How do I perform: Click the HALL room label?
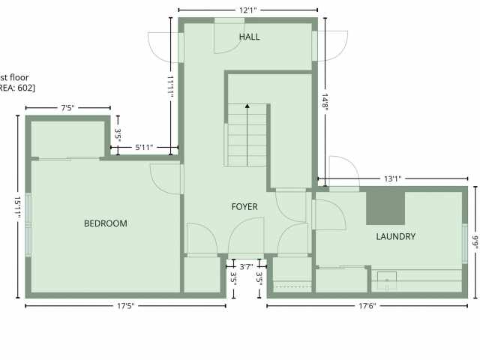tap(250, 37)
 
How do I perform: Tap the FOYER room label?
tap(244, 207)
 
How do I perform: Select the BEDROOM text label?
tap(105, 223)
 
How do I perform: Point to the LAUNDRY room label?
tap(395, 237)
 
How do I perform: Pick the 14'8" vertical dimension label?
tap(326, 103)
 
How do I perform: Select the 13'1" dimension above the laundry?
tap(392, 178)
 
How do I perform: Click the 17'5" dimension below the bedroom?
tap(125, 305)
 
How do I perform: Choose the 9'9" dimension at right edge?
tap(475, 244)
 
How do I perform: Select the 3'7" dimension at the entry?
tap(245, 265)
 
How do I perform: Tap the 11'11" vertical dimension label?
tap(171, 86)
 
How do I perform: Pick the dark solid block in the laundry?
tap(385, 208)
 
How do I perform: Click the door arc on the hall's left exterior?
tap(163, 47)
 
